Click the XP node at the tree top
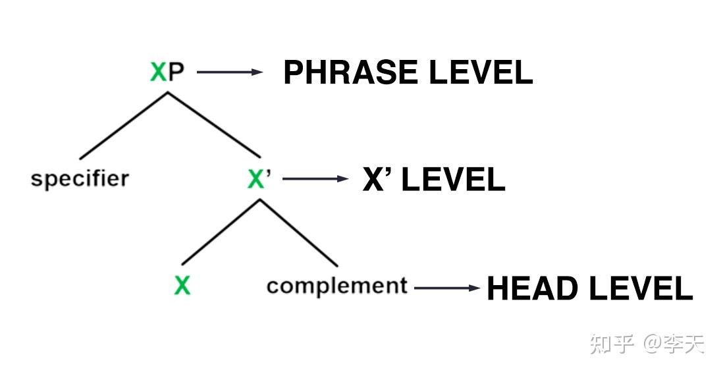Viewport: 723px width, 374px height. [167, 71]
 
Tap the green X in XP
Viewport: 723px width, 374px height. [158, 71]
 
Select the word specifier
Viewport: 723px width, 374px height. [80, 178]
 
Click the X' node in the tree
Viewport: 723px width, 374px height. [259, 178]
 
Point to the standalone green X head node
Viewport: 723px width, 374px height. [182, 285]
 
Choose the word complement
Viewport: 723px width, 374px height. [337, 286]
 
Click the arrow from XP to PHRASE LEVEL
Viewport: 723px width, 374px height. [229, 72]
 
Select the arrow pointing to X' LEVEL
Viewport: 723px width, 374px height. [315, 179]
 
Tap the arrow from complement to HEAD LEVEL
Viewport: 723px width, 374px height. [447, 287]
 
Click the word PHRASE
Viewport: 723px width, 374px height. [350, 72]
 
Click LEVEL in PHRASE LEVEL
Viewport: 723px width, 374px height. [479, 72]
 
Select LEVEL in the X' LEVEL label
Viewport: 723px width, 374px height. [453, 180]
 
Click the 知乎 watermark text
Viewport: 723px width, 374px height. [612, 344]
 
